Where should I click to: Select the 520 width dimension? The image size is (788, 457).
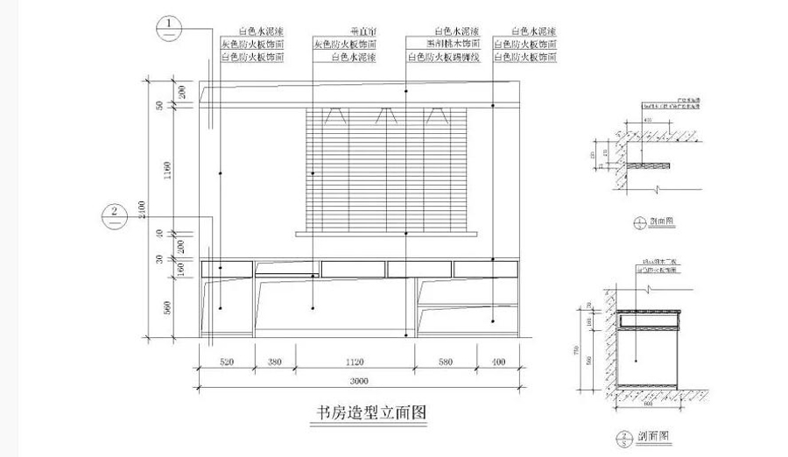point(225,361)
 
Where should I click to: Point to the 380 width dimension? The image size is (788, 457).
point(274,361)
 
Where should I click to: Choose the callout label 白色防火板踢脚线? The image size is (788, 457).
point(443,56)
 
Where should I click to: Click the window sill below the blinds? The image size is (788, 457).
point(386,234)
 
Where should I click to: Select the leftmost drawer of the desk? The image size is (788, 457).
point(227,269)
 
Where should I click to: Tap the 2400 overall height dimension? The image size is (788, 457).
point(142,210)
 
